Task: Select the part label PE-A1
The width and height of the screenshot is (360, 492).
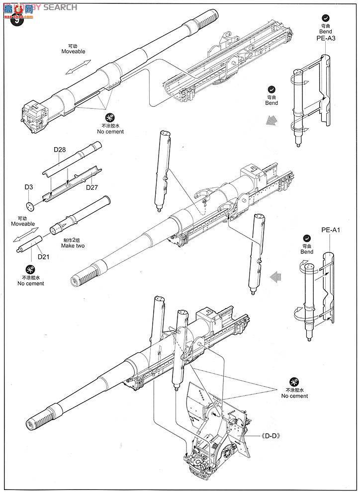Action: (330, 230)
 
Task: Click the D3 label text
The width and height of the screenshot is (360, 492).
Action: (29, 187)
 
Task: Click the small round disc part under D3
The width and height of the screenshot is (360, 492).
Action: (29, 206)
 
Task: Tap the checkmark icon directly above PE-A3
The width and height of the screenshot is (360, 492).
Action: (326, 16)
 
